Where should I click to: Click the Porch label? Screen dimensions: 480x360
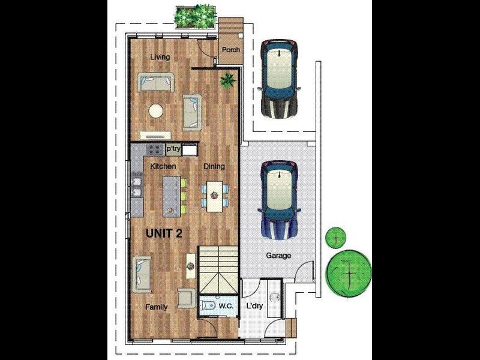click(x=231, y=50)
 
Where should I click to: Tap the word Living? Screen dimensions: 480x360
click(x=160, y=57)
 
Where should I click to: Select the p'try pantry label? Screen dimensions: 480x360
click(x=173, y=149)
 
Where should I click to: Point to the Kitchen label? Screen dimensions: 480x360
click(x=163, y=166)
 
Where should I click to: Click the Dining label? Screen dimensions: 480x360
click(x=214, y=166)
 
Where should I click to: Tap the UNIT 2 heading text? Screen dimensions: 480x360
click(x=164, y=233)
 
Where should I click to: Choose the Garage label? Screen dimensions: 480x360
click(x=278, y=256)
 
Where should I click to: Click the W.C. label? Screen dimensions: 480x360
click(x=226, y=306)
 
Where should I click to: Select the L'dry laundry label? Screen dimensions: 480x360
click(x=254, y=305)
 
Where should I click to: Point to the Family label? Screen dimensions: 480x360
click(x=157, y=307)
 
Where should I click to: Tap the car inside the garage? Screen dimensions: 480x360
click(x=279, y=200)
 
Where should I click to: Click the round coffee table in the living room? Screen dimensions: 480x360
click(x=156, y=111)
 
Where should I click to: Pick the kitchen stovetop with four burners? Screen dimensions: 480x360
click(x=154, y=149)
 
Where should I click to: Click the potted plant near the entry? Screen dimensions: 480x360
click(x=228, y=80)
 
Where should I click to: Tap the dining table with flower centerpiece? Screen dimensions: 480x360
click(x=215, y=196)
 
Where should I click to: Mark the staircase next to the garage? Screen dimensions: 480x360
click(x=218, y=270)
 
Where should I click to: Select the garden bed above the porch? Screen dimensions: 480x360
click(x=196, y=17)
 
